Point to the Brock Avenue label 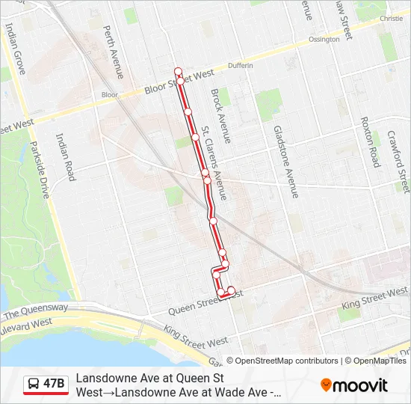pyautogui.click(x=221, y=116)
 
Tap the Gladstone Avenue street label pyautogui.click(x=285, y=162)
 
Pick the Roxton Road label pyautogui.click(x=371, y=141)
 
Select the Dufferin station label pyautogui.click(x=241, y=66)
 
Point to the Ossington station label pyautogui.click(x=324, y=39)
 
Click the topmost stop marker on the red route pyautogui.click(x=179, y=71)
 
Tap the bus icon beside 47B pyautogui.click(x=34, y=384)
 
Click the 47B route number pyautogui.click(x=55, y=384)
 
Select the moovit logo pyautogui.click(x=354, y=385)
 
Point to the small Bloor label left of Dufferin pyautogui.click(x=110, y=95)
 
